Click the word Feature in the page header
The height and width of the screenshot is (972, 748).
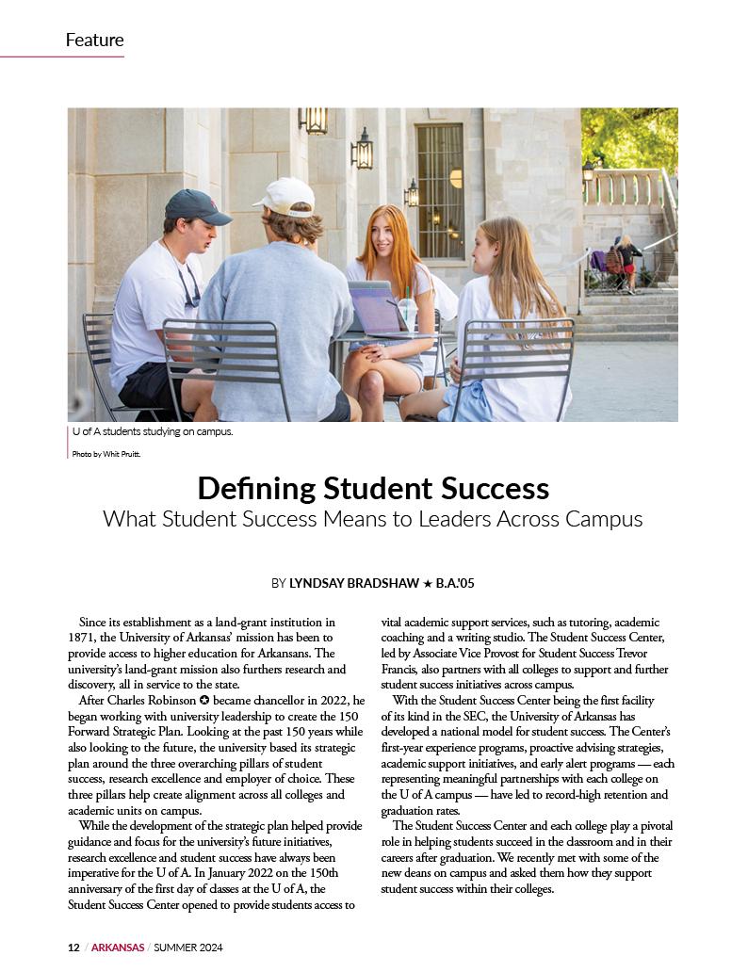94,40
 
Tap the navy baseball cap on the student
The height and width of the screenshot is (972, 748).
195,206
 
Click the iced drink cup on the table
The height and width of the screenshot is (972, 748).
407,313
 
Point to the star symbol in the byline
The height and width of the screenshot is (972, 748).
428,584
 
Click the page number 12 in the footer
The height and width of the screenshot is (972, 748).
73,947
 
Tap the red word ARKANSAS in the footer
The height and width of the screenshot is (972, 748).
118,947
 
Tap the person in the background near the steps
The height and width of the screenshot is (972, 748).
626,263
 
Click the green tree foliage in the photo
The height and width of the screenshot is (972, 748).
629,137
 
